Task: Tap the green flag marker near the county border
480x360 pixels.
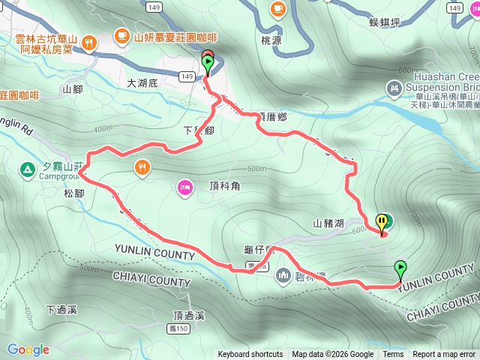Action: coord(400,268)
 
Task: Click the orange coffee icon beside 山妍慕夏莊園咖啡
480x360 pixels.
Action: coord(121,34)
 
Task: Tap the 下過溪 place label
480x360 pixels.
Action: coord(61,309)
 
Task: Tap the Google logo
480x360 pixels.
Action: coord(28,349)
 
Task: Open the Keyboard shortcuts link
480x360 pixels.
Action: coord(250,355)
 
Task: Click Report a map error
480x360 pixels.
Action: coord(444,355)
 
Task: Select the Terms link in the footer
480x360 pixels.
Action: coord(393,355)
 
